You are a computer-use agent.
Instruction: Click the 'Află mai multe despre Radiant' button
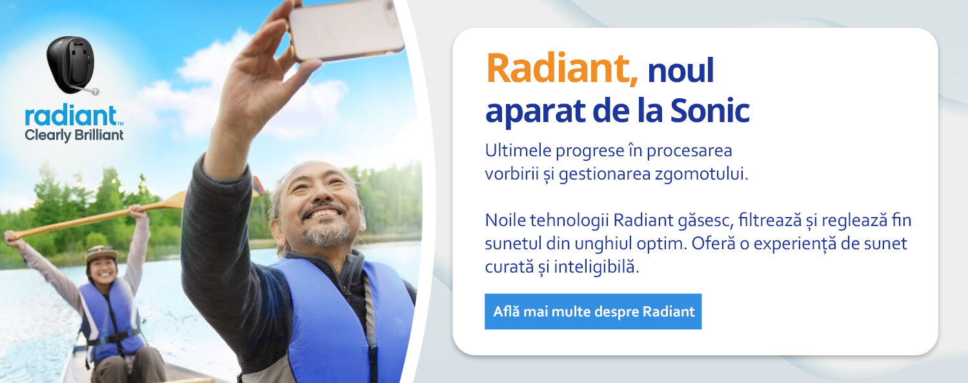(593, 311)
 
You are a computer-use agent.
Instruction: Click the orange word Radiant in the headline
(562, 68)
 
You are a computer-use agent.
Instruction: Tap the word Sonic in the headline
(710, 110)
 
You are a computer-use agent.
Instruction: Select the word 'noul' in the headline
(681, 70)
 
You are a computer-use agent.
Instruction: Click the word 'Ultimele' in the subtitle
(518, 150)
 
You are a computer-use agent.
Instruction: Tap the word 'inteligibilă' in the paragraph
(596, 267)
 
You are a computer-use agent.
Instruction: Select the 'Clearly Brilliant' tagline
(74, 135)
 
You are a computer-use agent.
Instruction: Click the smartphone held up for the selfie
(346, 30)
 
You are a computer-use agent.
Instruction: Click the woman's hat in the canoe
(101, 254)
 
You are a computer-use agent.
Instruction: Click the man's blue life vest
(341, 320)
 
